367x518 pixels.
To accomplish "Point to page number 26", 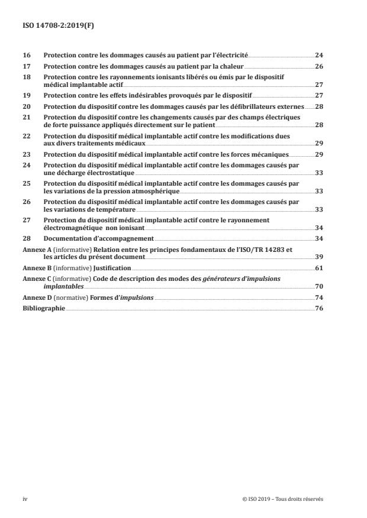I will (318, 66).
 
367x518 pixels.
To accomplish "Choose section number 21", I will (26, 117).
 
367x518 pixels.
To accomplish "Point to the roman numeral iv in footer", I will (25, 499).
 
